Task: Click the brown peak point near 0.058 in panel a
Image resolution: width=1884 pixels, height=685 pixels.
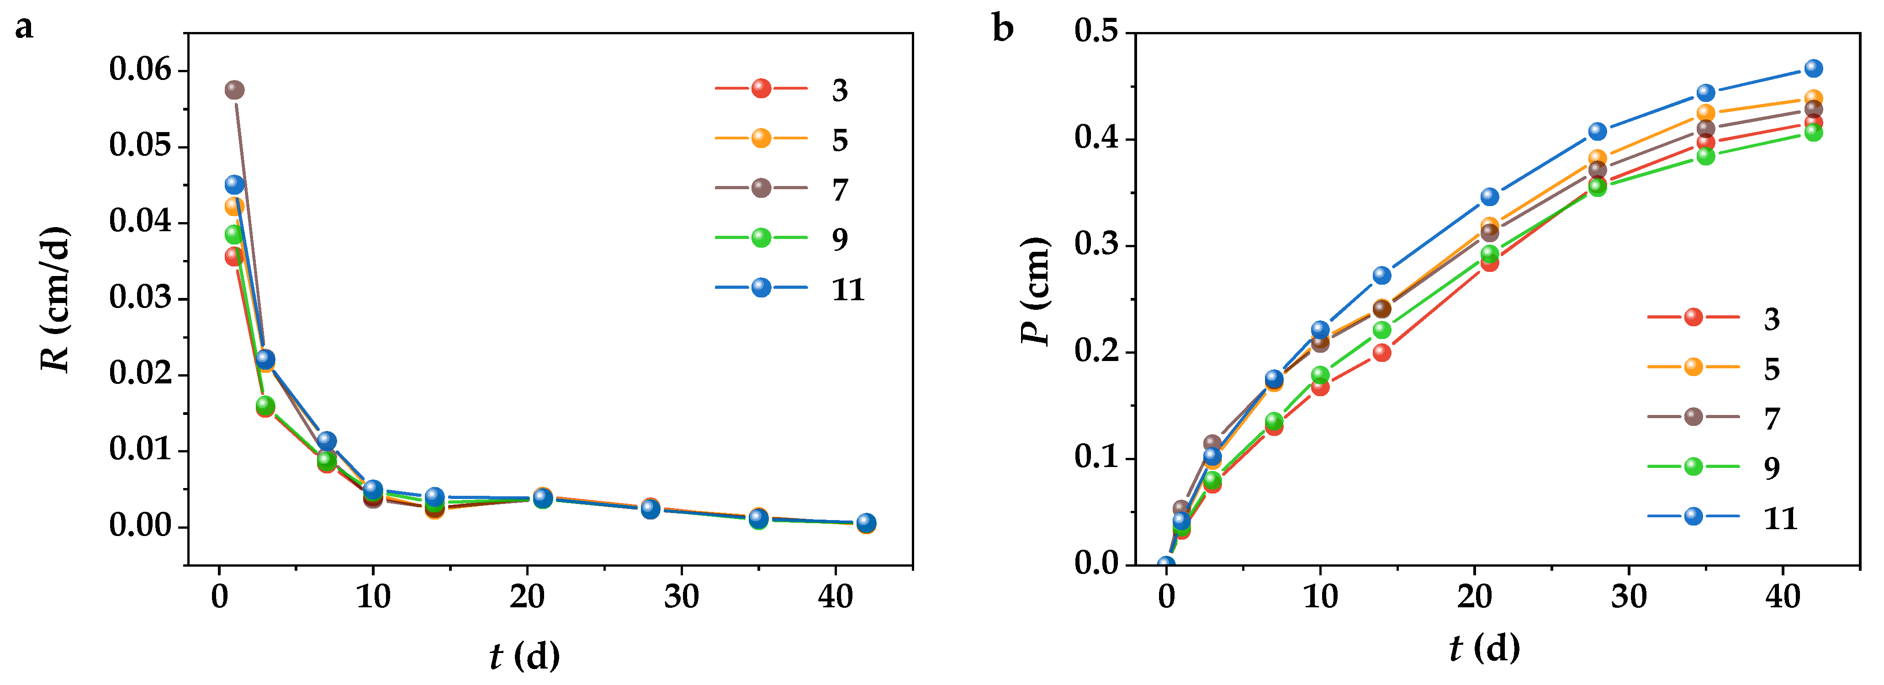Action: click(x=234, y=90)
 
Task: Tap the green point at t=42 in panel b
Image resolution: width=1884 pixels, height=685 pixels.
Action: click(x=1813, y=133)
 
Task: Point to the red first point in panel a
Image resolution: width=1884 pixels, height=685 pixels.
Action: click(x=234, y=256)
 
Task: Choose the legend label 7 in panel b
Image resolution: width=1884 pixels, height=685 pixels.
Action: click(x=1771, y=419)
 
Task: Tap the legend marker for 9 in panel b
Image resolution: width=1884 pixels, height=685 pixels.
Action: click(x=1693, y=467)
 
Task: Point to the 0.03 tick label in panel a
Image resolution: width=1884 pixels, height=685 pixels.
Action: click(x=140, y=298)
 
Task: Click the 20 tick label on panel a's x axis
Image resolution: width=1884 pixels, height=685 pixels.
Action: click(x=527, y=597)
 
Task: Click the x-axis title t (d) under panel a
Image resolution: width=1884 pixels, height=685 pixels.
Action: click(x=524, y=655)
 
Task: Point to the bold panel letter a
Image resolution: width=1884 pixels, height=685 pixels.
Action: click(x=24, y=28)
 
